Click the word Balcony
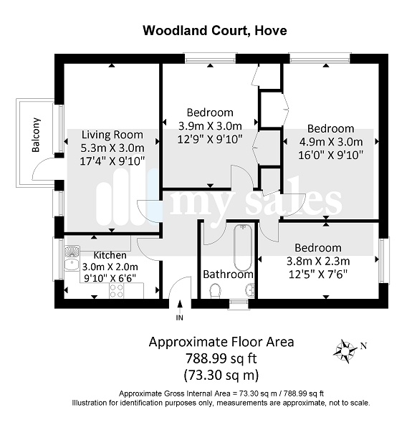(x=36, y=135)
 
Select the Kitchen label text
(x=110, y=255)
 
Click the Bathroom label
(x=228, y=274)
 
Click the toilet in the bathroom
(x=215, y=291)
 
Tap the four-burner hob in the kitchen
(x=117, y=291)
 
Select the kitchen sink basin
(x=72, y=264)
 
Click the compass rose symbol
(x=345, y=350)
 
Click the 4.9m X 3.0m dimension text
(x=331, y=142)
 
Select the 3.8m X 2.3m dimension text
(x=318, y=261)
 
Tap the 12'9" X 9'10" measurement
(x=210, y=139)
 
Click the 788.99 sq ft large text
(x=221, y=358)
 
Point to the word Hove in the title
(x=271, y=30)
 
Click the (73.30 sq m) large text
(x=221, y=375)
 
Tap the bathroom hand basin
(x=250, y=290)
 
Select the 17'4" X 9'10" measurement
(x=112, y=161)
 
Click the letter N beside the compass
(x=363, y=346)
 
